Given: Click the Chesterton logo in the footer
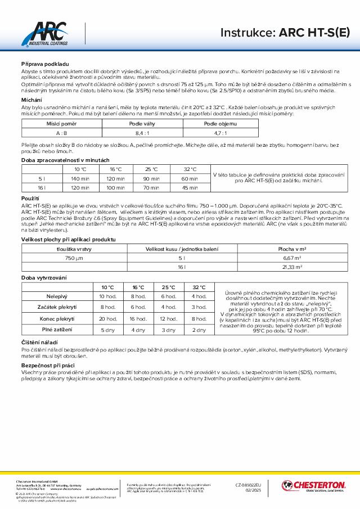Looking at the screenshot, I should (314, 486).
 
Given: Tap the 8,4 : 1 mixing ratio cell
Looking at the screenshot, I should (142, 133).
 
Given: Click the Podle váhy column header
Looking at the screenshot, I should (142, 123).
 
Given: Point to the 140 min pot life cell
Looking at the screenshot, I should (80, 178).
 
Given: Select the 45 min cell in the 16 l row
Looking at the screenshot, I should (190, 188).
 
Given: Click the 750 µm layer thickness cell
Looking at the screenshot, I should (74, 258).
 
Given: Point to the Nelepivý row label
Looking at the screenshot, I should (57, 296).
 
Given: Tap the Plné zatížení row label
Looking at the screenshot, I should (57, 330).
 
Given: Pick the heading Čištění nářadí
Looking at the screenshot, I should (39, 342).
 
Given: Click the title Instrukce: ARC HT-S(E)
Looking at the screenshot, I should (285, 33).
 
